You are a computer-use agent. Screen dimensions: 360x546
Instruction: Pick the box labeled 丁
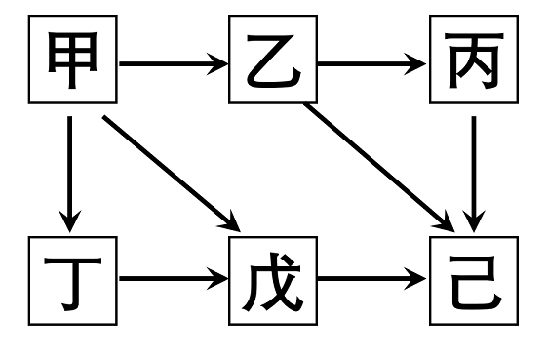coord(72,280)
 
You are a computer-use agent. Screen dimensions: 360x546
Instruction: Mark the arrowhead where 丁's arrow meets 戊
coord(218,280)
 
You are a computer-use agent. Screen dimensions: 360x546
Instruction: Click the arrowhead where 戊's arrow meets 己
coord(419,280)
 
